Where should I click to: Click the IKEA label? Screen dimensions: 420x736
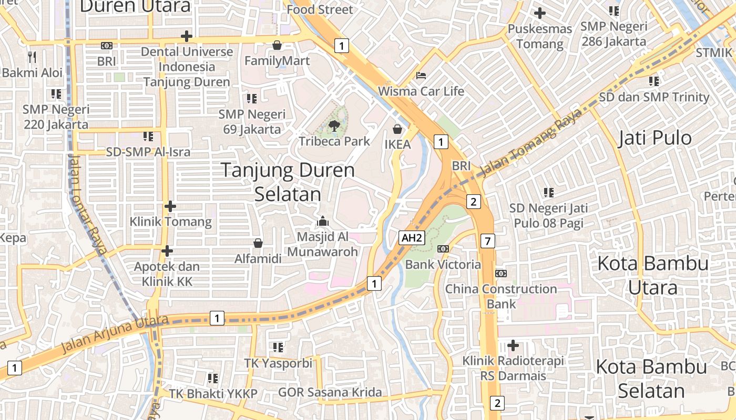(397, 144)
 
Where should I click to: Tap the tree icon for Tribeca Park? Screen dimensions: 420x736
(333, 125)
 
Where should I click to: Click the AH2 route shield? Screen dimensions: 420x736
(412, 238)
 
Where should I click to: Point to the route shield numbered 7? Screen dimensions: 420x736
(488, 241)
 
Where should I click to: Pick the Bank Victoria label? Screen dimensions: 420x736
(443, 264)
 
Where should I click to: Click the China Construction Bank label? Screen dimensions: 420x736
(500, 296)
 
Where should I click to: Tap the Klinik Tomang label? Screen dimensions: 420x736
(171, 222)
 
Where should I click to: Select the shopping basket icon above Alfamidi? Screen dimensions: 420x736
(258, 243)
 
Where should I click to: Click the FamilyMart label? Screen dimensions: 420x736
(277, 61)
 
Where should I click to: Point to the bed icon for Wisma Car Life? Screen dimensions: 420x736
(421, 76)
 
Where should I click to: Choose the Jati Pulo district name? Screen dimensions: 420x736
(655, 138)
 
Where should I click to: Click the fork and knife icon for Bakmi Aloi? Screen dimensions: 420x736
(33, 57)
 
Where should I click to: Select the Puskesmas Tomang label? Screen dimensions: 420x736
(540, 36)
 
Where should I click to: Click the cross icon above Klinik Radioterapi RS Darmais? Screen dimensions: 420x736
(513, 345)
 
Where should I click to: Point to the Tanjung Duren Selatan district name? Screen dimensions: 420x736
(288, 182)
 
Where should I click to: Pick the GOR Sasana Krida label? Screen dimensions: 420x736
(330, 392)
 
